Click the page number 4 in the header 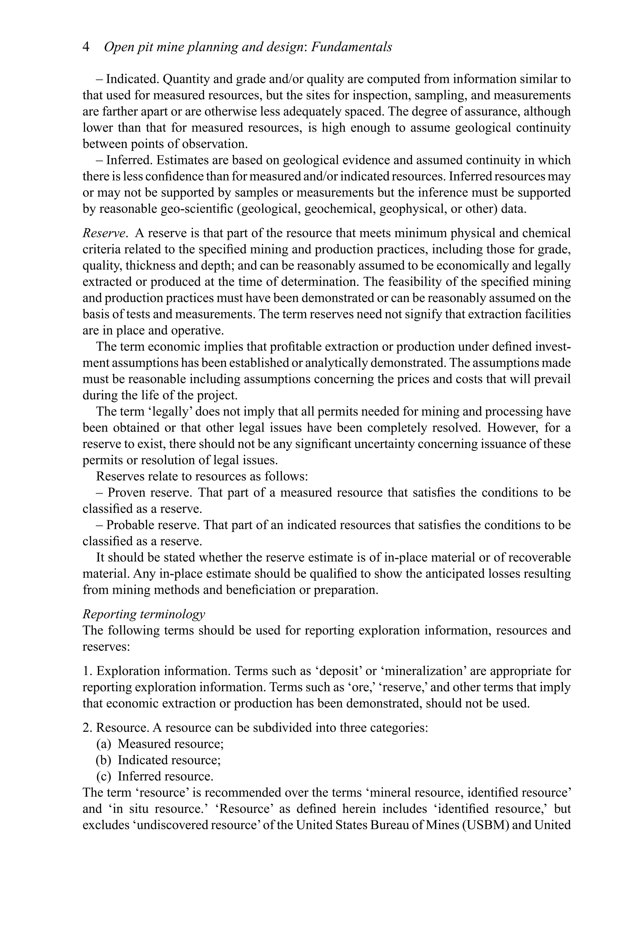pyautogui.click(x=86, y=47)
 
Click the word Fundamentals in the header pyautogui.click(x=351, y=47)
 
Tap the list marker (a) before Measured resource pyautogui.click(x=104, y=744)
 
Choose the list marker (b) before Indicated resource pyautogui.click(x=104, y=760)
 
